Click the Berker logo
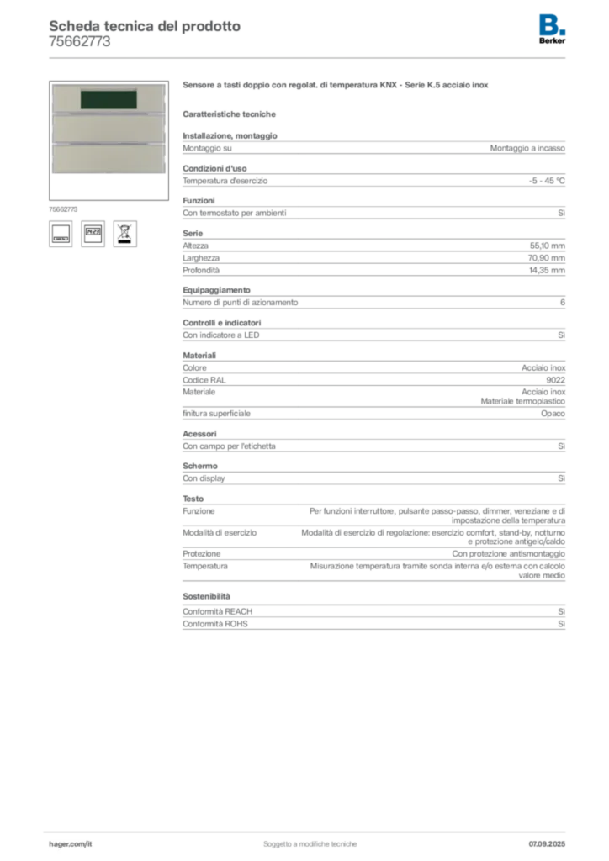(x=552, y=29)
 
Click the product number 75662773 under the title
(x=80, y=42)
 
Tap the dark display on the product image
(x=109, y=99)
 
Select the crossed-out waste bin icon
(x=125, y=234)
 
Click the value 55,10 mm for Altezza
(x=547, y=246)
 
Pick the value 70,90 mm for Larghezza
(x=547, y=257)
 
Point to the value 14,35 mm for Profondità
(x=547, y=270)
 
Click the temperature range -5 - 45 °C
(x=547, y=181)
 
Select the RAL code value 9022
(x=556, y=380)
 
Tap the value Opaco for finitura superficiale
(x=553, y=414)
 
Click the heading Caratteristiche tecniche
(x=229, y=114)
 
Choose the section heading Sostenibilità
(x=206, y=596)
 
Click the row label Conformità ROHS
(x=215, y=624)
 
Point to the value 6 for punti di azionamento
(x=563, y=303)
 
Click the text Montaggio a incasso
(x=527, y=148)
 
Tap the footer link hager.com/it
(x=71, y=844)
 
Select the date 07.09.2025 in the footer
(x=547, y=844)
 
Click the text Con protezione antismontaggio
(x=509, y=553)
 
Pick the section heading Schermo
(x=200, y=466)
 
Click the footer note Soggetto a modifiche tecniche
(x=310, y=844)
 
